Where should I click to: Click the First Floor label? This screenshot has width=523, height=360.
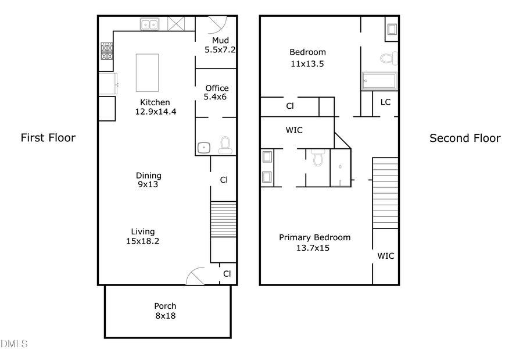(48, 138)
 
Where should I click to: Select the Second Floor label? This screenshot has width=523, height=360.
(465, 138)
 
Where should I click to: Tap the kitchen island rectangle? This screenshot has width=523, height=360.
(147, 73)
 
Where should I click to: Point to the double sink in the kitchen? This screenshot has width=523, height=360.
(149, 24)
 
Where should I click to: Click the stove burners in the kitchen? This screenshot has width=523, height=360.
(106, 52)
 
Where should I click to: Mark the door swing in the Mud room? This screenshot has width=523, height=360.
(216, 24)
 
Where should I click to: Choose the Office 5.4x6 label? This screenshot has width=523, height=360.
(217, 92)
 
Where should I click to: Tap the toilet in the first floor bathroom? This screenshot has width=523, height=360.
(225, 145)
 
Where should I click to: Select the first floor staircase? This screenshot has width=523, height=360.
(223, 219)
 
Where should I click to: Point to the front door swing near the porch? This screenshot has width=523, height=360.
(196, 276)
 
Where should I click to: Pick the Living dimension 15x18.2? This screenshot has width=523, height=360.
(143, 241)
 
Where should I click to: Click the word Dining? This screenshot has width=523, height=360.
(149, 175)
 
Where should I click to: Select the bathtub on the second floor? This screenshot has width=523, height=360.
(379, 81)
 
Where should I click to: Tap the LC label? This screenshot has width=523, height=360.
(385, 102)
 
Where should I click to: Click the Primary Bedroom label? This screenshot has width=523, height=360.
(314, 237)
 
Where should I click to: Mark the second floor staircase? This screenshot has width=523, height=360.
(385, 193)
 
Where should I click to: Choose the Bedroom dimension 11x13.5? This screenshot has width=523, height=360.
(307, 63)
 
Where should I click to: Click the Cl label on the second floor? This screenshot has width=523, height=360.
(289, 106)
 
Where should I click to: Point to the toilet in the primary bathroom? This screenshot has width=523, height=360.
(317, 156)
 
